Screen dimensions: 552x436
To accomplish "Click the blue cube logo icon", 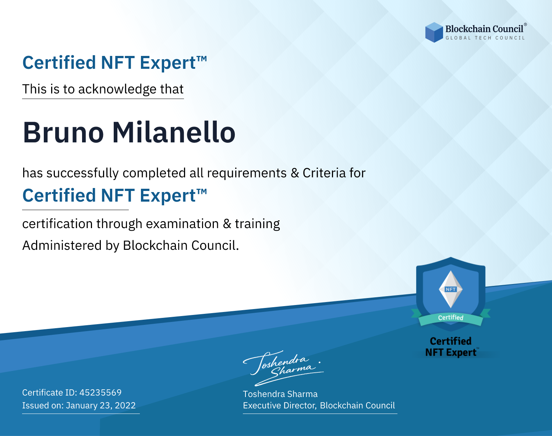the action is click(x=434, y=32).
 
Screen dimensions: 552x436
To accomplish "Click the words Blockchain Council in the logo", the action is click(x=484, y=29).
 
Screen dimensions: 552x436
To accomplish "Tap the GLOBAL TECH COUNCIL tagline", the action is click(x=485, y=38).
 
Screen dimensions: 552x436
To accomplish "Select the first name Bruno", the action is click(x=63, y=132).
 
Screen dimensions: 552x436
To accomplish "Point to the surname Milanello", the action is click(x=174, y=132).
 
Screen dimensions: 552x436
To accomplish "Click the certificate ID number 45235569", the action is click(x=100, y=392).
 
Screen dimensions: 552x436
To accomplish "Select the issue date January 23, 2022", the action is click(x=101, y=405).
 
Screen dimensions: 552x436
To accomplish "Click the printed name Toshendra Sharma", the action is click(x=280, y=394).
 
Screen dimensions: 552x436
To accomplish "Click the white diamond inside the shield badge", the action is click(x=451, y=289).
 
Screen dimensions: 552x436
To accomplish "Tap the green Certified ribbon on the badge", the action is click(x=451, y=318).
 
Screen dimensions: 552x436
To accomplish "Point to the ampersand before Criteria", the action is click(x=295, y=173).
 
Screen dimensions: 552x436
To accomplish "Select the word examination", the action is click(x=183, y=224).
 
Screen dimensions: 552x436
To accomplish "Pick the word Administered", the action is click(x=62, y=245).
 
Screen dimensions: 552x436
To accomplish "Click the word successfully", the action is click(x=82, y=173).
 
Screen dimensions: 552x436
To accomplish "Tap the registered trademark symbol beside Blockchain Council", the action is click(x=526, y=24).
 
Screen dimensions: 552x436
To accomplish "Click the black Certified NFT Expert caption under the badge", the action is click(x=451, y=347).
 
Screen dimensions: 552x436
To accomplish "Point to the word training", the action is click(x=257, y=224).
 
